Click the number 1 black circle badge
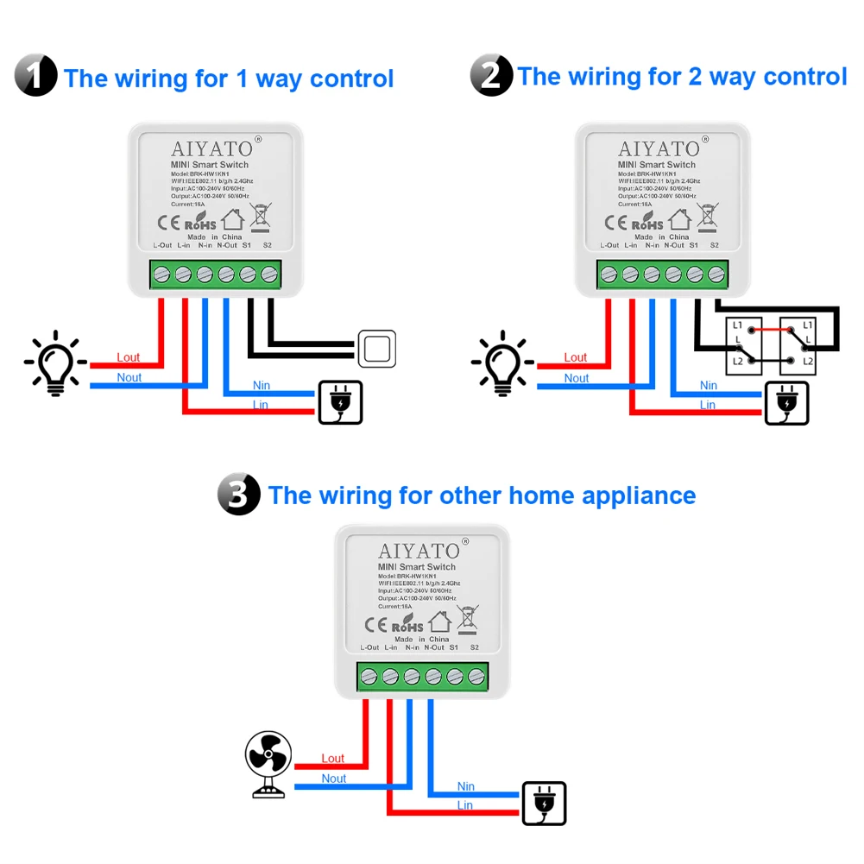click(x=36, y=75)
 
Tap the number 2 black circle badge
click(x=491, y=75)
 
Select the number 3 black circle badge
click(x=239, y=495)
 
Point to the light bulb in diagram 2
click(x=503, y=363)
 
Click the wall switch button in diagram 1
click(x=377, y=349)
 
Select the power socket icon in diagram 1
click(x=340, y=402)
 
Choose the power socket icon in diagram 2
click(x=787, y=403)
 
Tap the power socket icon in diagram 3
click(x=545, y=804)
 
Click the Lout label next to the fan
click(x=333, y=759)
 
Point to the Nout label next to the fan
click(x=334, y=779)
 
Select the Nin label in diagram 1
click(x=261, y=385)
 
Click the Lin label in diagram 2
click(x=708, y=405)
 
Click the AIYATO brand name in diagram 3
click(x=419, y=551)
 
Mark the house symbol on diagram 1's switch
click(x=233, y=219)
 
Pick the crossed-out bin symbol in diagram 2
click(x=708, y=218)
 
